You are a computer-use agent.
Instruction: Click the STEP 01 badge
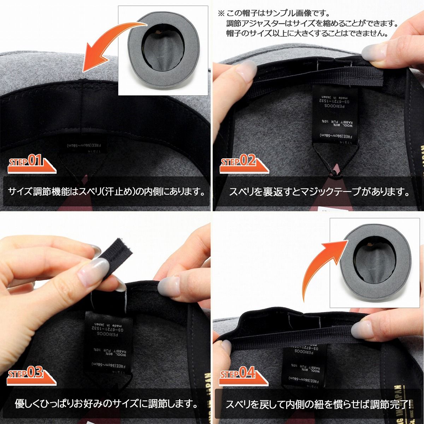30,163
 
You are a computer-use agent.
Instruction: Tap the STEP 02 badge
242,163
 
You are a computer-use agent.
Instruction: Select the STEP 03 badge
30,375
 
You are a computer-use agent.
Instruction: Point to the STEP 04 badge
242,375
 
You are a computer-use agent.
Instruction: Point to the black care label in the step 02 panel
335,115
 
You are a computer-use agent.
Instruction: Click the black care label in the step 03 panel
108,341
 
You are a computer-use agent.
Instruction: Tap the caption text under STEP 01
106,192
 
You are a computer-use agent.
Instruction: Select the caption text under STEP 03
106,403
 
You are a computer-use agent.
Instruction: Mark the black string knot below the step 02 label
333,172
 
